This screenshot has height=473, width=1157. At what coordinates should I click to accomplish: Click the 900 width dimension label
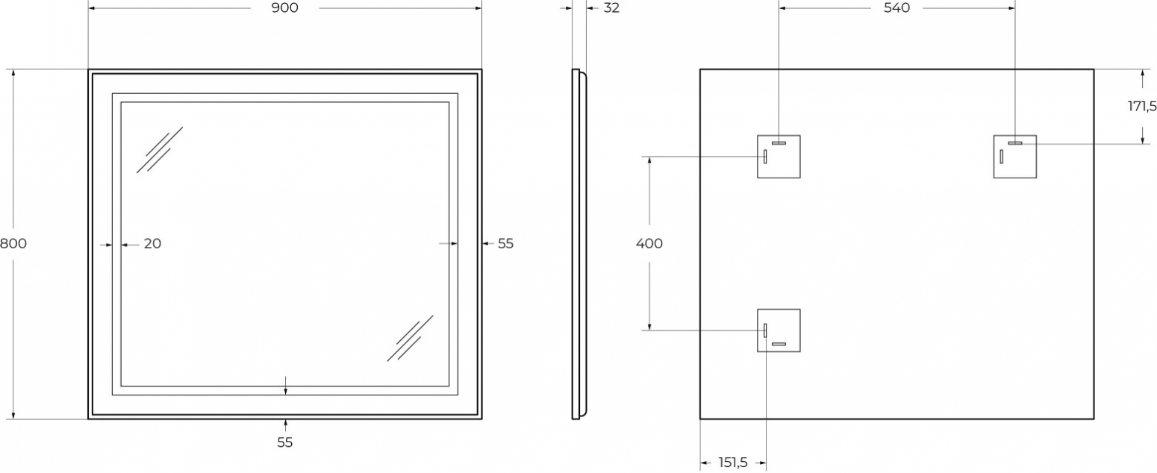(x=284, y=7)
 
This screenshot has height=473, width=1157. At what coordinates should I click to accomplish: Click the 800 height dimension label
(x=13, y=243)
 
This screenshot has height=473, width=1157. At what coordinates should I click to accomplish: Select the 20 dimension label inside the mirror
(x=152, y=243)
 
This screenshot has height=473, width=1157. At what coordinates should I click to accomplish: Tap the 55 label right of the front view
(x=505, y=243)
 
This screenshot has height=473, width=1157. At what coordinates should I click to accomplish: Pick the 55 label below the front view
(x=284, y=442)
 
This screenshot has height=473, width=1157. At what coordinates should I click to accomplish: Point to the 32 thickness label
(x=611, y=7)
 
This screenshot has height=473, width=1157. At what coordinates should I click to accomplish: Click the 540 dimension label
(x=896, y=7)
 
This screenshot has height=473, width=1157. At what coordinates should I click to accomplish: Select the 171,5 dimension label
(x=1141, y=107)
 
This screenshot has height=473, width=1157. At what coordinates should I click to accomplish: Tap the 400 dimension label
(x=649, y=243)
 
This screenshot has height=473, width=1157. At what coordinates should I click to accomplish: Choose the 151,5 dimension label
(x=733, y=462)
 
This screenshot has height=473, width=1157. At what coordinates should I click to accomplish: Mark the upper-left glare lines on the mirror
(x=160, y=150)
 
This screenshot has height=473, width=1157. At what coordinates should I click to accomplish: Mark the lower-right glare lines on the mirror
(x=411, y=338)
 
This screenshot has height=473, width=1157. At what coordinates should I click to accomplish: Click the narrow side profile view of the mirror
(x=578, y=244)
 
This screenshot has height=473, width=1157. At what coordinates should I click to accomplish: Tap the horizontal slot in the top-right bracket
(x=1015, y=143)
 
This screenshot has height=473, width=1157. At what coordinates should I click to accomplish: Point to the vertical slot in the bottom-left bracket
(x=765, y=331)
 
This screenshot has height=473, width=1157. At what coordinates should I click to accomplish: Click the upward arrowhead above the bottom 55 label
(x=285, y=424)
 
